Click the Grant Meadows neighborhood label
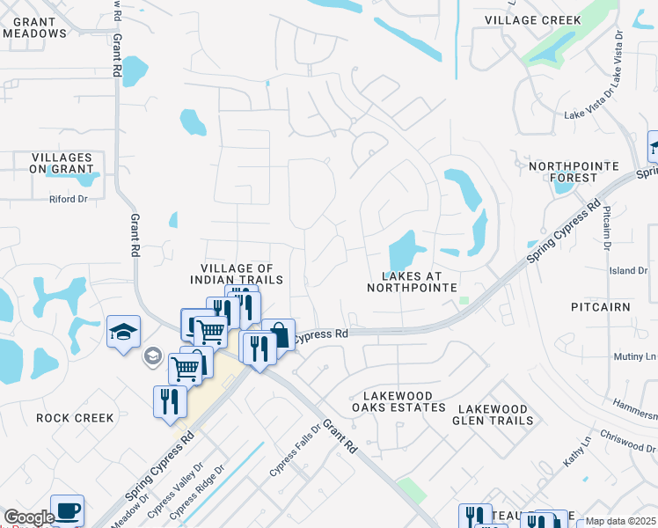34,26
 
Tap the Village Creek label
533,20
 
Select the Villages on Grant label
61,163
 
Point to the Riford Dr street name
69,199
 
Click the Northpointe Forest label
563,172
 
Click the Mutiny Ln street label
635,356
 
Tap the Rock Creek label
75,418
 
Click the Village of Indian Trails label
237,274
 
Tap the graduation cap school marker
123,331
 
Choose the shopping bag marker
278,334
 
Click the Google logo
28,518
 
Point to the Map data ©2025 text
620,521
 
